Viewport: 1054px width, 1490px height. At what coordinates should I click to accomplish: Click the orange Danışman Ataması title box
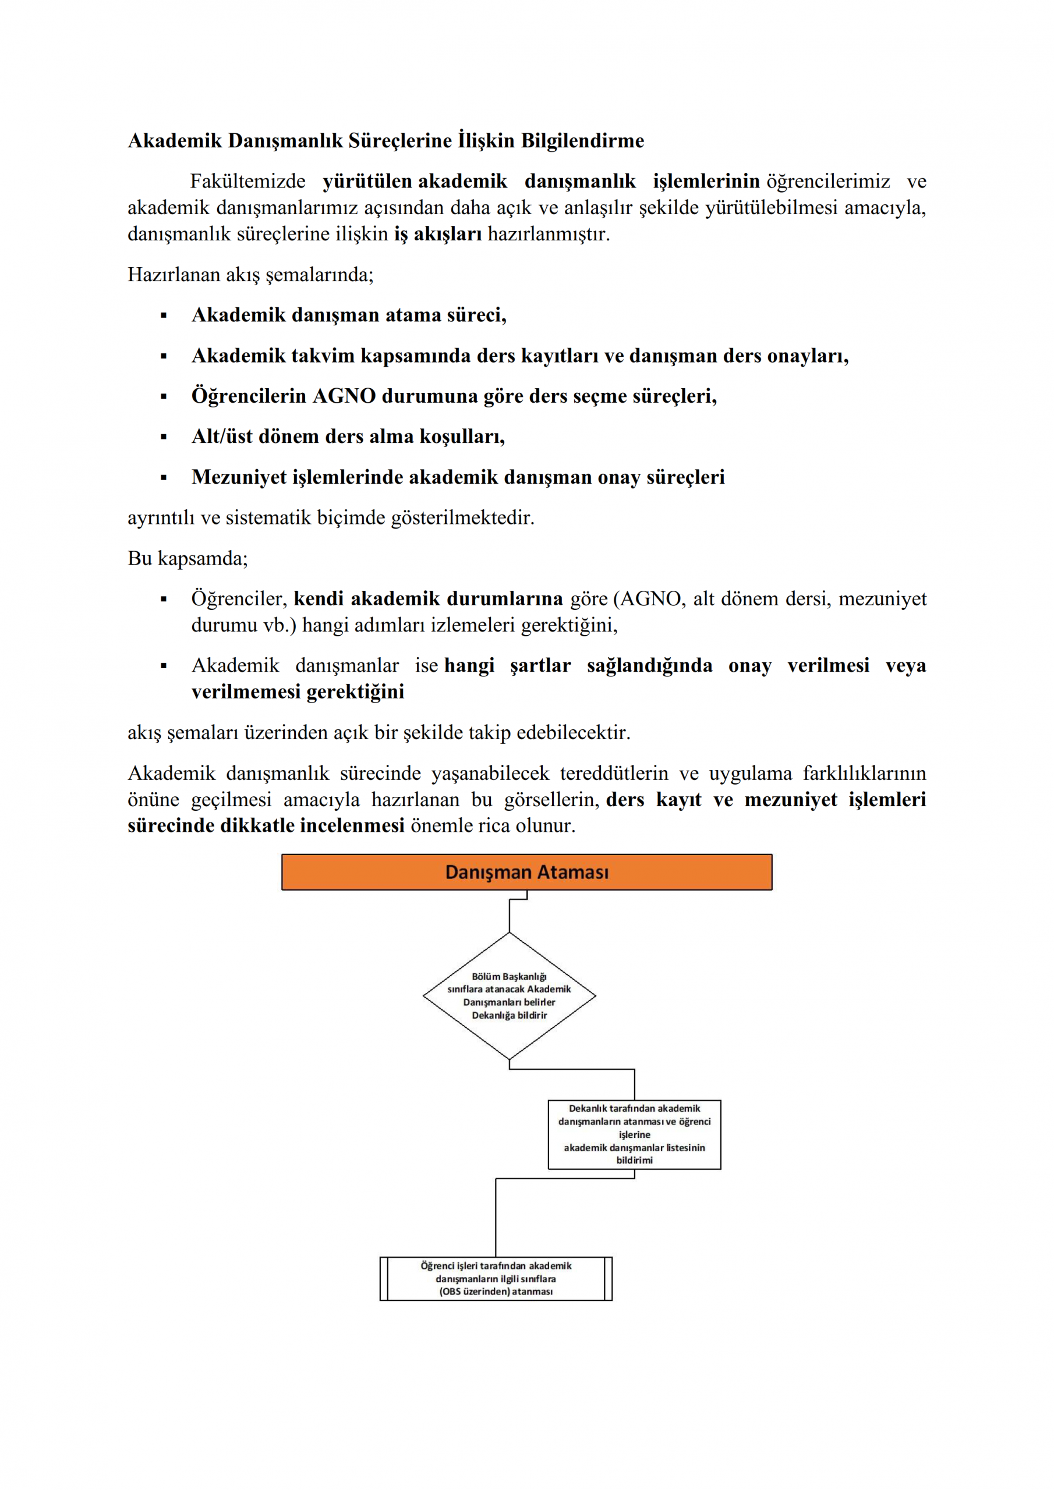click(526, 871)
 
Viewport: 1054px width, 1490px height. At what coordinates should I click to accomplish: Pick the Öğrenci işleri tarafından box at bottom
click(496, 1279)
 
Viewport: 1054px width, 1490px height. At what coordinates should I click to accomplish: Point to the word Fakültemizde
click(247, 181)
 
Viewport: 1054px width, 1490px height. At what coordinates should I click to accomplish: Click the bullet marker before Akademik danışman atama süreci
click(164, 316)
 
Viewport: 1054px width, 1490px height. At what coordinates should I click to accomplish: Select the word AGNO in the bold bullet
click(344, 396)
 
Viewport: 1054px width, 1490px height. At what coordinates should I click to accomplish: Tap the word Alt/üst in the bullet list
click(221, 436)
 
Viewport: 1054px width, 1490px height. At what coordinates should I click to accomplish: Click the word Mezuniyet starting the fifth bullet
click(238, 477)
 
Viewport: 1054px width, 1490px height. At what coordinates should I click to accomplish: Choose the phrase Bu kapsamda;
click(188, 558)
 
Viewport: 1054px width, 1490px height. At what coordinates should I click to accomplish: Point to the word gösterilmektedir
click(462, 518)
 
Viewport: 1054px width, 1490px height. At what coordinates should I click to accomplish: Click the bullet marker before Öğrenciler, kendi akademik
click(164, 599)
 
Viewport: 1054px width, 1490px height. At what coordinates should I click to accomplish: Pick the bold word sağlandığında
click(649, 665)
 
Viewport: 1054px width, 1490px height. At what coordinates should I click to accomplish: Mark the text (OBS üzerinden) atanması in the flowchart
click(496, 1292)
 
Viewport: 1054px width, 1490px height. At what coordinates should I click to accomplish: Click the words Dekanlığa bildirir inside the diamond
click(509, 1015)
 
